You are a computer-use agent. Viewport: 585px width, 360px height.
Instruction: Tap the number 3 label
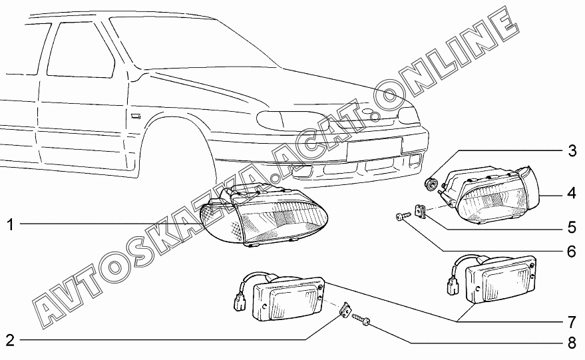coord(571,150)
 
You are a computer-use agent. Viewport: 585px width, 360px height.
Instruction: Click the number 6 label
coord(571,252)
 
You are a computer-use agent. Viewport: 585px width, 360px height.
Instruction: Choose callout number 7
coord(571,323)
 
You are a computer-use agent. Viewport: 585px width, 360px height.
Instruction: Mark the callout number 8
coord(571,344)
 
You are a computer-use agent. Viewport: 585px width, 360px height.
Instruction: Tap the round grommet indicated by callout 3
coord(431,182)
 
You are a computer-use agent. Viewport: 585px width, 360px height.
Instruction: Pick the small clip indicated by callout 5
coord(421,211)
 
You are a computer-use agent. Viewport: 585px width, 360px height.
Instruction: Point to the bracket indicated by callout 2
coord(345,311)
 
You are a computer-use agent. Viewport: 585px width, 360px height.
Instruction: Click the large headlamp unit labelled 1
coord(266,216)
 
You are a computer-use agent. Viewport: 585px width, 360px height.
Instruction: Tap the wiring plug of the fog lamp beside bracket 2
coord(240,301)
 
